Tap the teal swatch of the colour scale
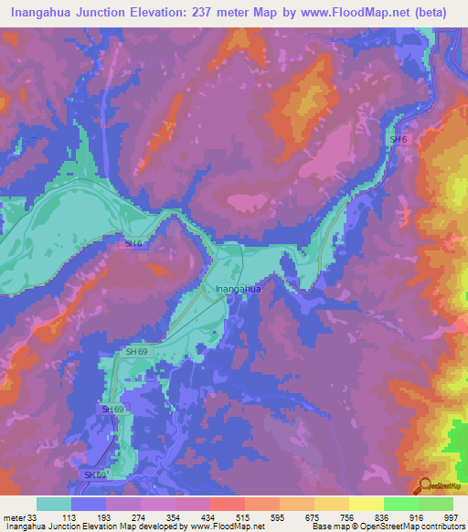click(x=54, y=504)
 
